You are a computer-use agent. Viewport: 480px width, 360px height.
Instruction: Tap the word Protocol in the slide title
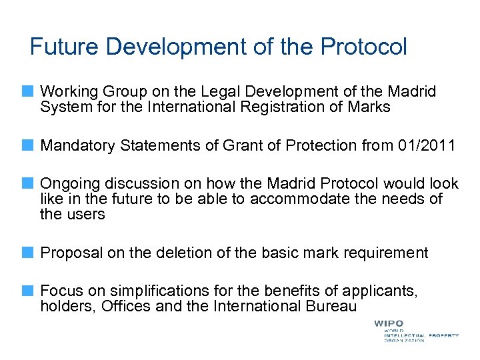(x=363, y=47)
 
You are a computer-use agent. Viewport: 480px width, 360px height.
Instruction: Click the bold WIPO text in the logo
(x=389, y=324)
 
